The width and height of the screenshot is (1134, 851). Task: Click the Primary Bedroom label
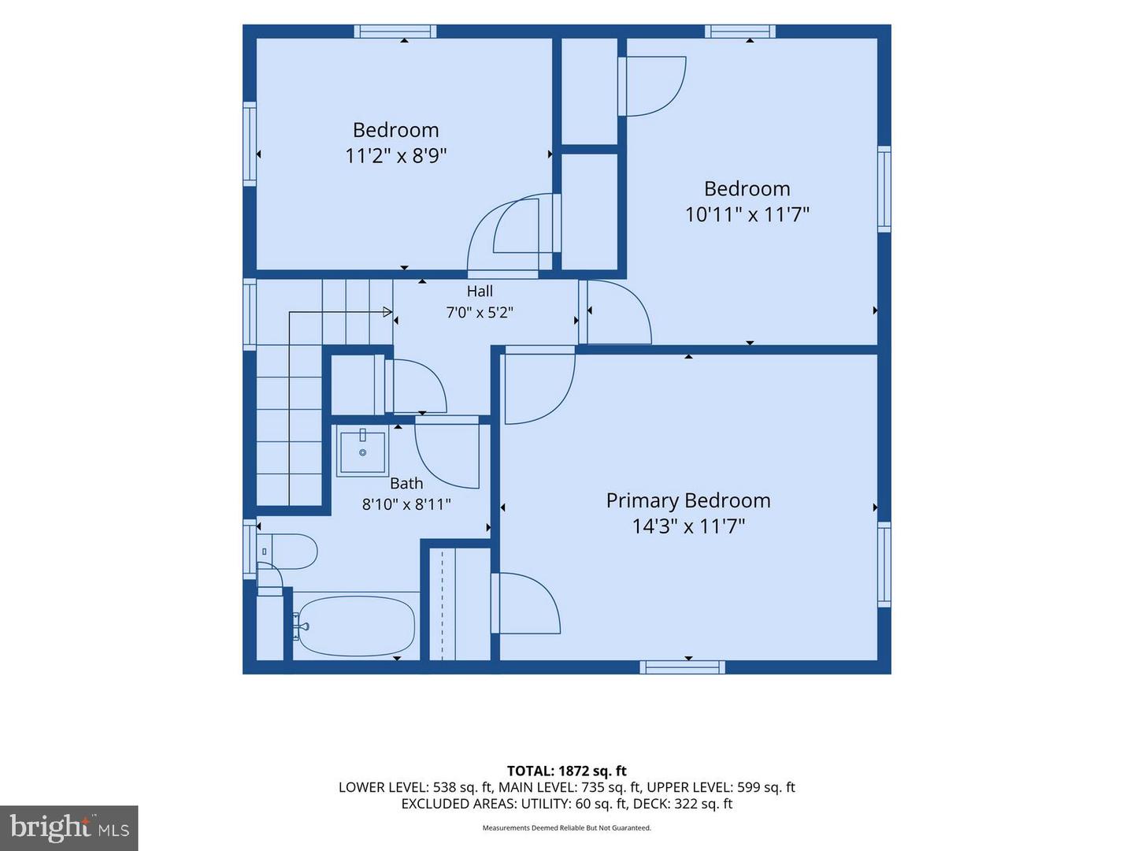[x=688, y=500]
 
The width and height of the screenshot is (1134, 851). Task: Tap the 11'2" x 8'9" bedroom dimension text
[x=396, y=155]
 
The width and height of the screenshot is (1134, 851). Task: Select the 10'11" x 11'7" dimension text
[x=747, y=214]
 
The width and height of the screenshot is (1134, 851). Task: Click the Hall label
[x=480, y=291]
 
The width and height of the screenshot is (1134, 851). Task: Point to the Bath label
[x=406, y=483]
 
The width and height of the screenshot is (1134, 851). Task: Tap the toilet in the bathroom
[x=287, y=552]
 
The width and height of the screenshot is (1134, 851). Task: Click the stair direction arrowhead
[x=387, y=312]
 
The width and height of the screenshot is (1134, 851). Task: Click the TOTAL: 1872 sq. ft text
[x=567, y=771]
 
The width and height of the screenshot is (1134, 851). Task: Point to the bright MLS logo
[x=69, y=828]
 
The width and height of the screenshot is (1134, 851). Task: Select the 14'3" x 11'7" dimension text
[x=688, y=526]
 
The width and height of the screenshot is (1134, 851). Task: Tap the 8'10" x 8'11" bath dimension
[x=406, y=504]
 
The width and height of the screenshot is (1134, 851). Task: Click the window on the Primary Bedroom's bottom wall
[x=682, y=667]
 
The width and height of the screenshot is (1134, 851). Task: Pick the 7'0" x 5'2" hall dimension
[x=480, y=313]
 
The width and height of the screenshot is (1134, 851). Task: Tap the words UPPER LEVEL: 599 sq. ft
[x=721, y=787]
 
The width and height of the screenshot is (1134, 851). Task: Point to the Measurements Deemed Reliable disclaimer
[x=567, y=827]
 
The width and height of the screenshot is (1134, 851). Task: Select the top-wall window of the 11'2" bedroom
[x=395, y=32]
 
